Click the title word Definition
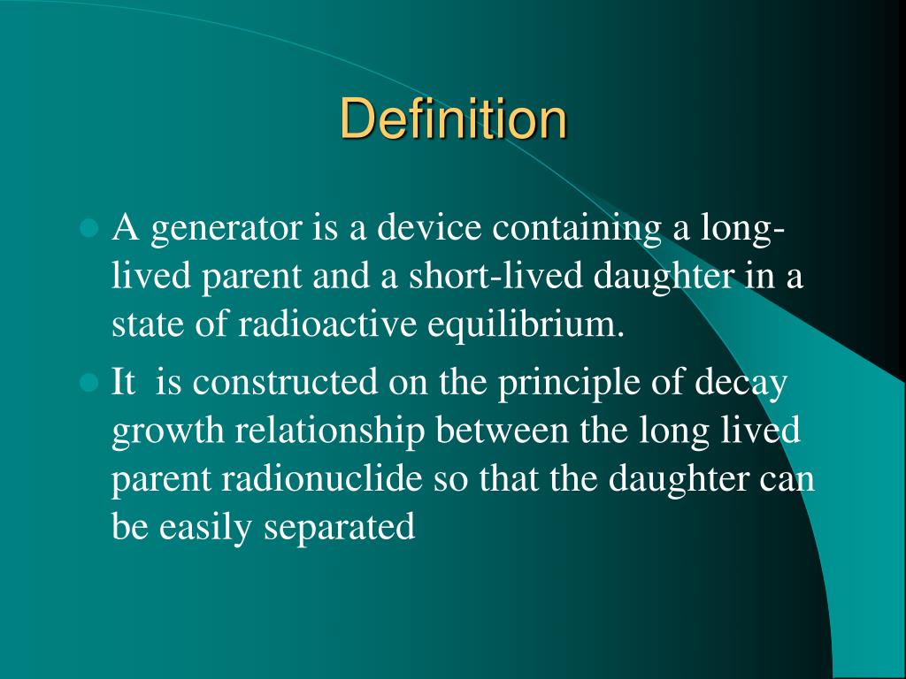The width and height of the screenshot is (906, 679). click(x=453, y=119)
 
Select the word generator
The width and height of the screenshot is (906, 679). click(x=225, y=231)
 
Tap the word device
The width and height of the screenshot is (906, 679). click(x=429, y=231)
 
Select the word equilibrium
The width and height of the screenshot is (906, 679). click(x=526, y=324)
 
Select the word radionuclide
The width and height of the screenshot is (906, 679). click(x=322, y=479)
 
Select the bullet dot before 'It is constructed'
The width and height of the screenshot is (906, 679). click(x=87, y=384)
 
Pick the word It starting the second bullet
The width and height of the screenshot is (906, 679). click(x=123, y=384)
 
